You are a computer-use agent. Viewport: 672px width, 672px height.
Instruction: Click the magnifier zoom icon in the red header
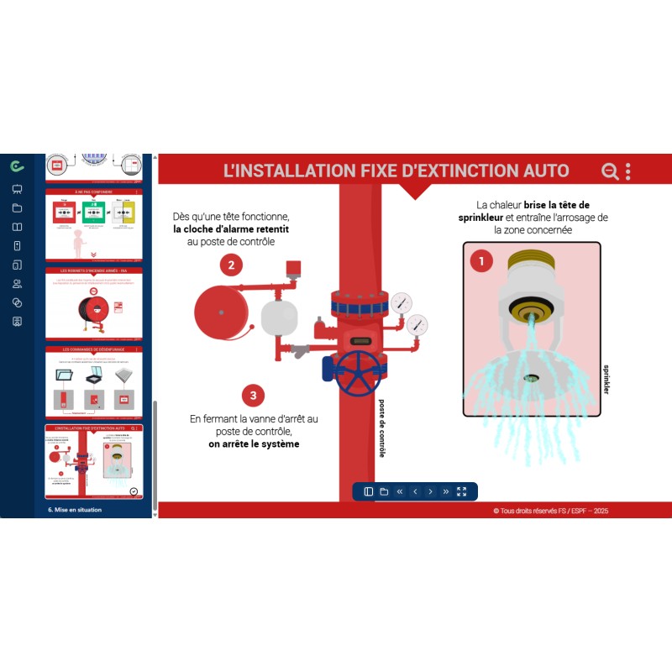point(610,171)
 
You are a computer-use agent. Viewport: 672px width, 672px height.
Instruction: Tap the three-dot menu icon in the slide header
point(628,171)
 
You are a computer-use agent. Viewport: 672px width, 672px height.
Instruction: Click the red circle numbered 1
point(481,261)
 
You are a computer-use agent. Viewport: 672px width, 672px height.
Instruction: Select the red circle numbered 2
point(232,265)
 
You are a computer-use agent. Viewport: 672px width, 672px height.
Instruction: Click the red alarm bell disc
point(223,313)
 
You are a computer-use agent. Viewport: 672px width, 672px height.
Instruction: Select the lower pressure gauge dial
point(416,324)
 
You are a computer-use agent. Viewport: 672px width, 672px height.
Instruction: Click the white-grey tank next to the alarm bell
point(281,317)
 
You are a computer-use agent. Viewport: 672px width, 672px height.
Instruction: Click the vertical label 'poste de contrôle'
point(382,428)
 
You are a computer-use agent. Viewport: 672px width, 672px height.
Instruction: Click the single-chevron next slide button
point(430,491)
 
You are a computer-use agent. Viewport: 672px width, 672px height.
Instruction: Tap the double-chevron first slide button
point(399,491)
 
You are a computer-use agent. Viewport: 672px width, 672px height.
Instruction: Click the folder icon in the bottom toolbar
point(384,491)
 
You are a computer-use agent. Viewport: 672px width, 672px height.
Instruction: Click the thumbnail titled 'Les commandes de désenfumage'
point(94,383)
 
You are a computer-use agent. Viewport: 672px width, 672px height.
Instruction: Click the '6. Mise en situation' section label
point(75,509)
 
